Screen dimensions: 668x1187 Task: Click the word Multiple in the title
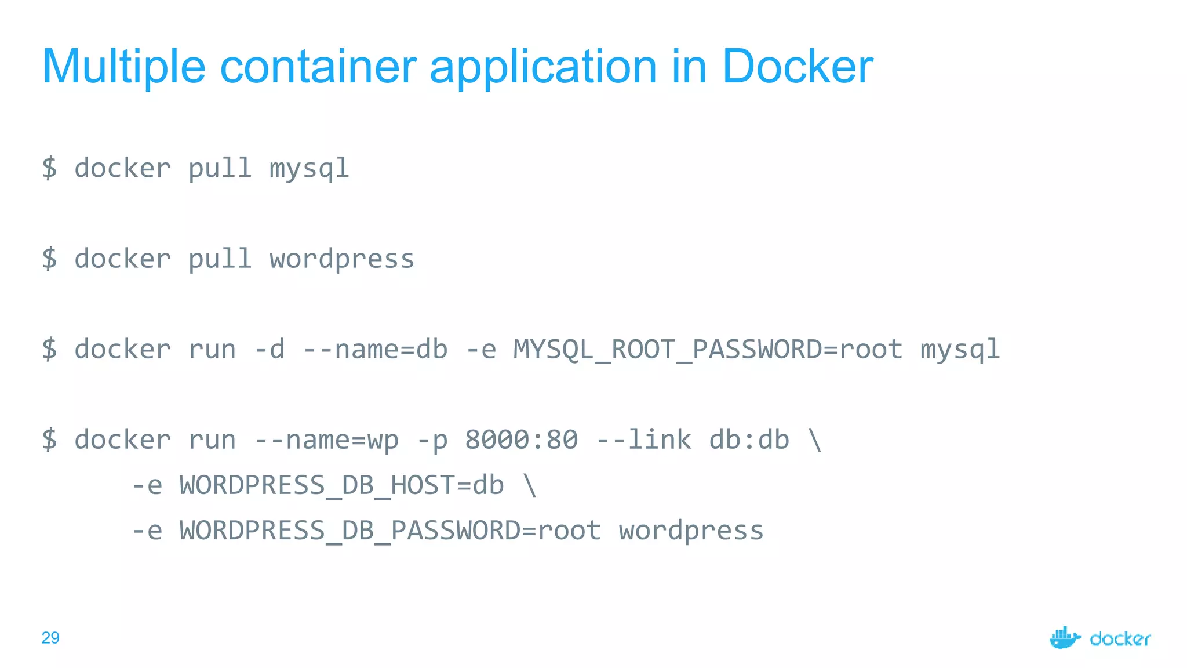pos(123,67)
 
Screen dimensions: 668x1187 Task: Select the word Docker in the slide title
pos(797,67)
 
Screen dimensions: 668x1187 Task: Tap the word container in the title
pos(318,67)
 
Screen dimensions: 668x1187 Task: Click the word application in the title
pos(543,67)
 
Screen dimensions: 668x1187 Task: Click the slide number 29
pos(50,638)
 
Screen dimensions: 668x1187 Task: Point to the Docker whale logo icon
pos(1065,638)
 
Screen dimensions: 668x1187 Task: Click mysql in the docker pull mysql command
pos(309,169)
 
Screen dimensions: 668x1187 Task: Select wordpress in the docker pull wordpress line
pos(342,259)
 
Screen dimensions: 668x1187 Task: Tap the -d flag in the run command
pos(270,350)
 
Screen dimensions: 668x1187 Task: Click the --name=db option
pos(375,350)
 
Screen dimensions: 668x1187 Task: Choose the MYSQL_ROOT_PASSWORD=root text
pos(708,350)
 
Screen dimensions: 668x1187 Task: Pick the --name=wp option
pos(326,440)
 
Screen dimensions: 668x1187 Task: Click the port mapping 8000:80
pos(521,440)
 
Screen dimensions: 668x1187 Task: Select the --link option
pos(643,440)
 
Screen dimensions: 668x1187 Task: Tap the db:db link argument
pos(749,440)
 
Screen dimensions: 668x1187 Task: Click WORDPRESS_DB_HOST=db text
pos(341,485)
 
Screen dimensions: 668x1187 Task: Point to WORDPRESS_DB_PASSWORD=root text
pos(390,531)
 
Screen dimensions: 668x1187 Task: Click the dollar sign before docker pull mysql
pos(50,169)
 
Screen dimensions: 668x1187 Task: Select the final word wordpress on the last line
pos(691,531)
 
